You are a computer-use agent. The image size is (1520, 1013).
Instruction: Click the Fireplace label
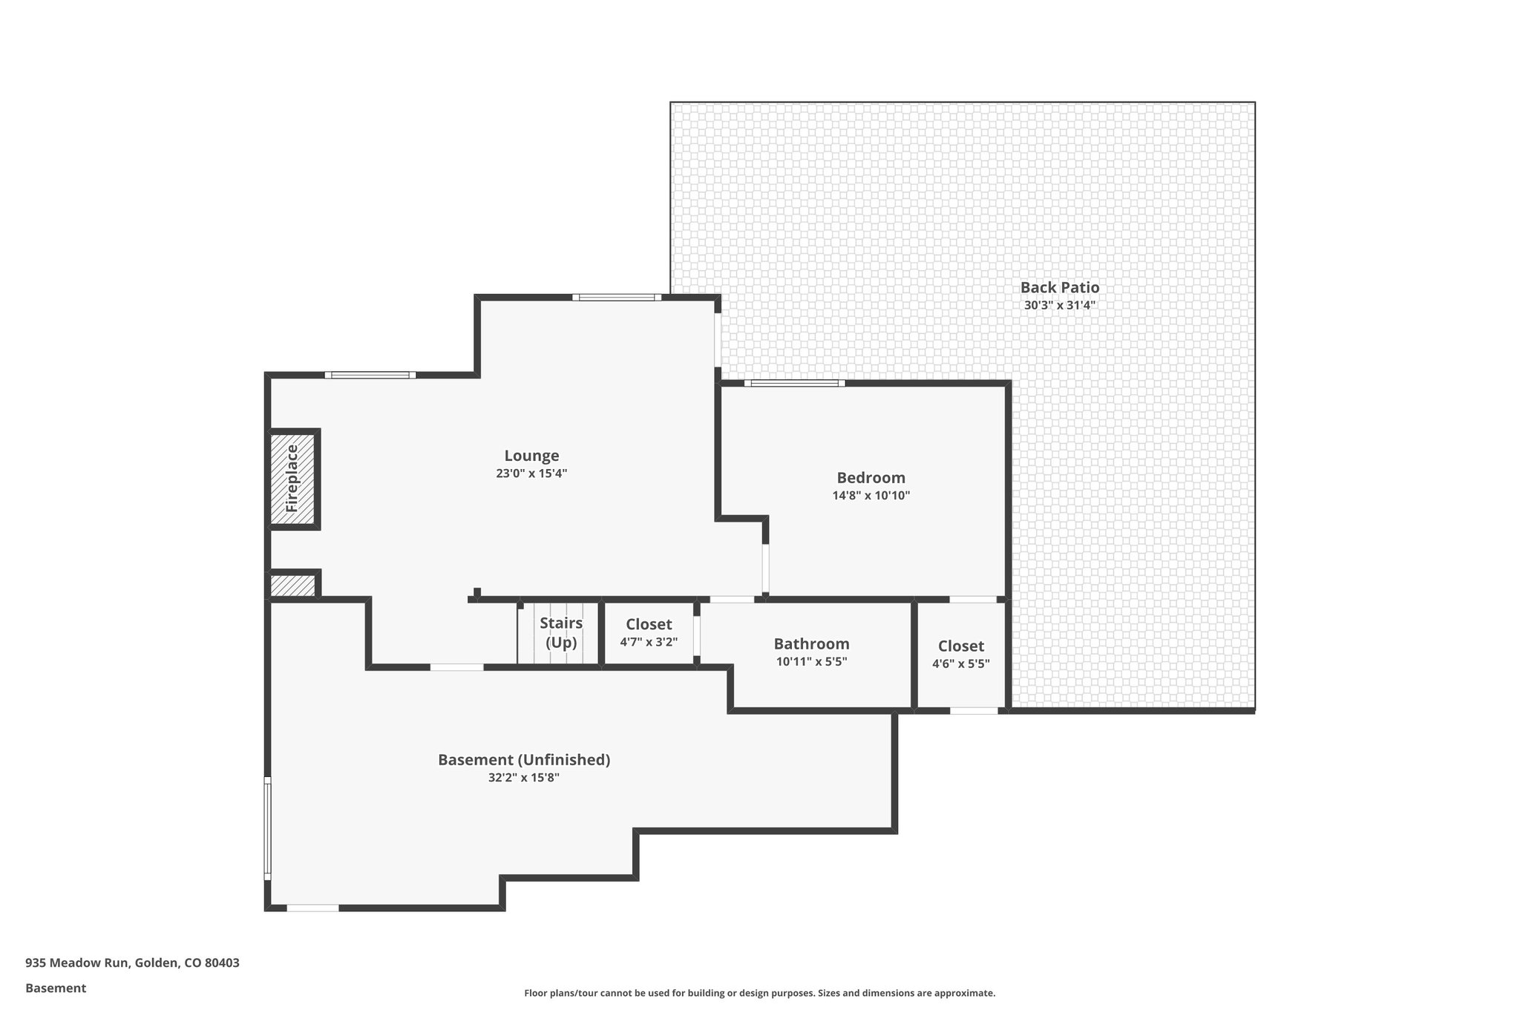[x=292, y=479]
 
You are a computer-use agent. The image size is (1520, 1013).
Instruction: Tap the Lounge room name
[x=531, y=456]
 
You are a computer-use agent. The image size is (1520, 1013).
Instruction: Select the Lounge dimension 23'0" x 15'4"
[x=531, y=473]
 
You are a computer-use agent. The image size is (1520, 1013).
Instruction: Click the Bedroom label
[x=871, y=478]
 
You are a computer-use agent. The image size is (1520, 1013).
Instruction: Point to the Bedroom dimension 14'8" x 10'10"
[x=871, y=496]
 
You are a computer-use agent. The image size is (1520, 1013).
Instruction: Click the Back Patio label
[x=1059, y=287]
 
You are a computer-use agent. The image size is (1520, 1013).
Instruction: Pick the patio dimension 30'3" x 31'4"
[x=1059, y=305]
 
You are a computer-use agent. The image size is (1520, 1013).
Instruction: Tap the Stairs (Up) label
[x=561, y=632]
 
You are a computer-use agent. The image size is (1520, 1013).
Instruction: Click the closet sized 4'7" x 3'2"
[x=649, y=633]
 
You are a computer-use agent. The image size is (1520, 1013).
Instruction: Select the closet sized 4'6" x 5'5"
[x=960, y=655]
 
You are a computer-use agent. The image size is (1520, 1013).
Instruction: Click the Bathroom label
[x=811, y=644]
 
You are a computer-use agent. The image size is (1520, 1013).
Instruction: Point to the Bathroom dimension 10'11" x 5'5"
[x=811, y=662]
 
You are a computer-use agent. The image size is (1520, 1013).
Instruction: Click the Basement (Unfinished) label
[x=523, y=760]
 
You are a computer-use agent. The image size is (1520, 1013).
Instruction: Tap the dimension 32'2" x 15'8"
[x=523, y=778]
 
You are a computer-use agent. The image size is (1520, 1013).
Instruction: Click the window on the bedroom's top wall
[x=794, y=384]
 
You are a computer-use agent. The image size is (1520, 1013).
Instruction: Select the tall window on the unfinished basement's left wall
[x=268, y=827]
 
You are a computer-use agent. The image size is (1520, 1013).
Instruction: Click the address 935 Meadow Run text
[x=132, y=963]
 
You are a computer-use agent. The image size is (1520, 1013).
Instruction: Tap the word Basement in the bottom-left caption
[x=56, y=989]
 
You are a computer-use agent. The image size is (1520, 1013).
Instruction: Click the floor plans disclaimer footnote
[x=759, y=993]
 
